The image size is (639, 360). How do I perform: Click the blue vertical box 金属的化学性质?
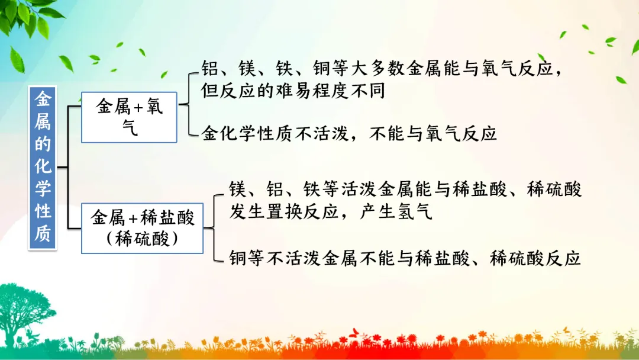click(43, 168)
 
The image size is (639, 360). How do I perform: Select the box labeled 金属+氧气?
click(129, 117)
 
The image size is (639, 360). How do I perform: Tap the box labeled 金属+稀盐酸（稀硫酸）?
click(142, 229)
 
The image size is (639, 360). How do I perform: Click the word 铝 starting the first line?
click(210, 68)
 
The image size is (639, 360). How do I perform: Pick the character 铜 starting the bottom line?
click(238, 258)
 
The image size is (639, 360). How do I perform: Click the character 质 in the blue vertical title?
click(43, 234)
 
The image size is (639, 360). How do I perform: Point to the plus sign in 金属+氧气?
click(138, 107)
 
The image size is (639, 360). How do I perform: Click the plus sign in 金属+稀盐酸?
click(133, 218)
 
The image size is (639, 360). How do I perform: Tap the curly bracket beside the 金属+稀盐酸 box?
click(214, 227)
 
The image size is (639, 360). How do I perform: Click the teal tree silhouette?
click(24, 314)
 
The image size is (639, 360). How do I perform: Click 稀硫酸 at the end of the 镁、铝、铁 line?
click(554, 189)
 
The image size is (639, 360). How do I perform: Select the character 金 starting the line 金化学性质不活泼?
click(210, 133)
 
